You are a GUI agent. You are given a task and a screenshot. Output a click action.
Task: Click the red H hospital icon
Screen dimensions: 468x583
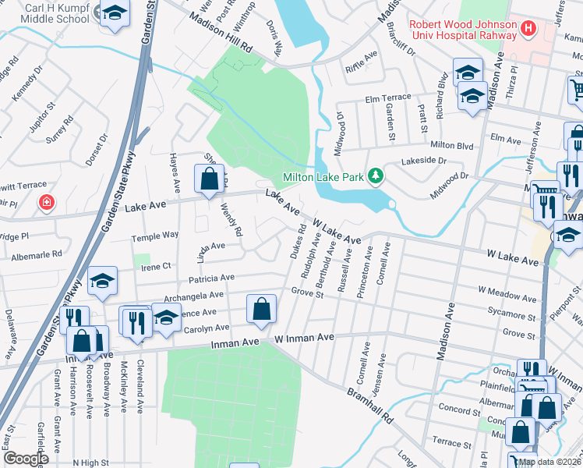pos(529,29)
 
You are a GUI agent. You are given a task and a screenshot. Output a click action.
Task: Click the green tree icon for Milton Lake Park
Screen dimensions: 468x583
pos(376,175)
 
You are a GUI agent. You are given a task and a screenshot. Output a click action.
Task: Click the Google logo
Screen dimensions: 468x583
pos(25,459)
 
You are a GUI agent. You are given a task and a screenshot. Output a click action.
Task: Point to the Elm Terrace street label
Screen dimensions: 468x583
pos(387,97)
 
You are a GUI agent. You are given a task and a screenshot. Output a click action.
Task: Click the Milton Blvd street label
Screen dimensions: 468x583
pos(452,145)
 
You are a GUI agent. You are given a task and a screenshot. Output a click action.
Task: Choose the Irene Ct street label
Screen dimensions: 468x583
pos(155,267)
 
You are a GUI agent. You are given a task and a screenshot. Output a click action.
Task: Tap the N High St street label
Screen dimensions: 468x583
pos(92,463)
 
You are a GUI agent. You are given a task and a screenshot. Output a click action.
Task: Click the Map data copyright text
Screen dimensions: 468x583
pos(549,462)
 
